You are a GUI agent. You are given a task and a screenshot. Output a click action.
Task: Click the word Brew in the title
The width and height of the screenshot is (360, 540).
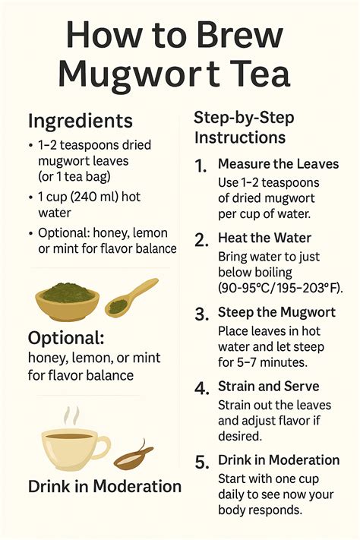235,36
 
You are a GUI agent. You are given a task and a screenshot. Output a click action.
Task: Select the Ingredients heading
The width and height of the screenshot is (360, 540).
80,121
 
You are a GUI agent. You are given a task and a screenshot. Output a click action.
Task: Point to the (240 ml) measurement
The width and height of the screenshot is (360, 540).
97,197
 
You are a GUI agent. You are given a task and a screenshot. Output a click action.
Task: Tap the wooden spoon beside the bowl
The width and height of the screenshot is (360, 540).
131,296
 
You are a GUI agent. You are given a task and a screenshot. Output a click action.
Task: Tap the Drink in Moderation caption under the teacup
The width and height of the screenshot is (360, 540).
104,486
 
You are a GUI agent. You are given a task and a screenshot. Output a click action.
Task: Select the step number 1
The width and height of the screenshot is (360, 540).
201,166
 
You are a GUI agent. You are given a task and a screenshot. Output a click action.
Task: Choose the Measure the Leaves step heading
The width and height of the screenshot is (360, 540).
278,164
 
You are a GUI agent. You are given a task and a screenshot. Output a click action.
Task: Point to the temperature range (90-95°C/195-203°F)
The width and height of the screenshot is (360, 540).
279,288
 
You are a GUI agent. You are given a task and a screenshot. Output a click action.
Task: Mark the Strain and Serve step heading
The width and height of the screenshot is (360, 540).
268,387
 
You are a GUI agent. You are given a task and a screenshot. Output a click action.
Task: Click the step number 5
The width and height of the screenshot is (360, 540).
201,462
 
